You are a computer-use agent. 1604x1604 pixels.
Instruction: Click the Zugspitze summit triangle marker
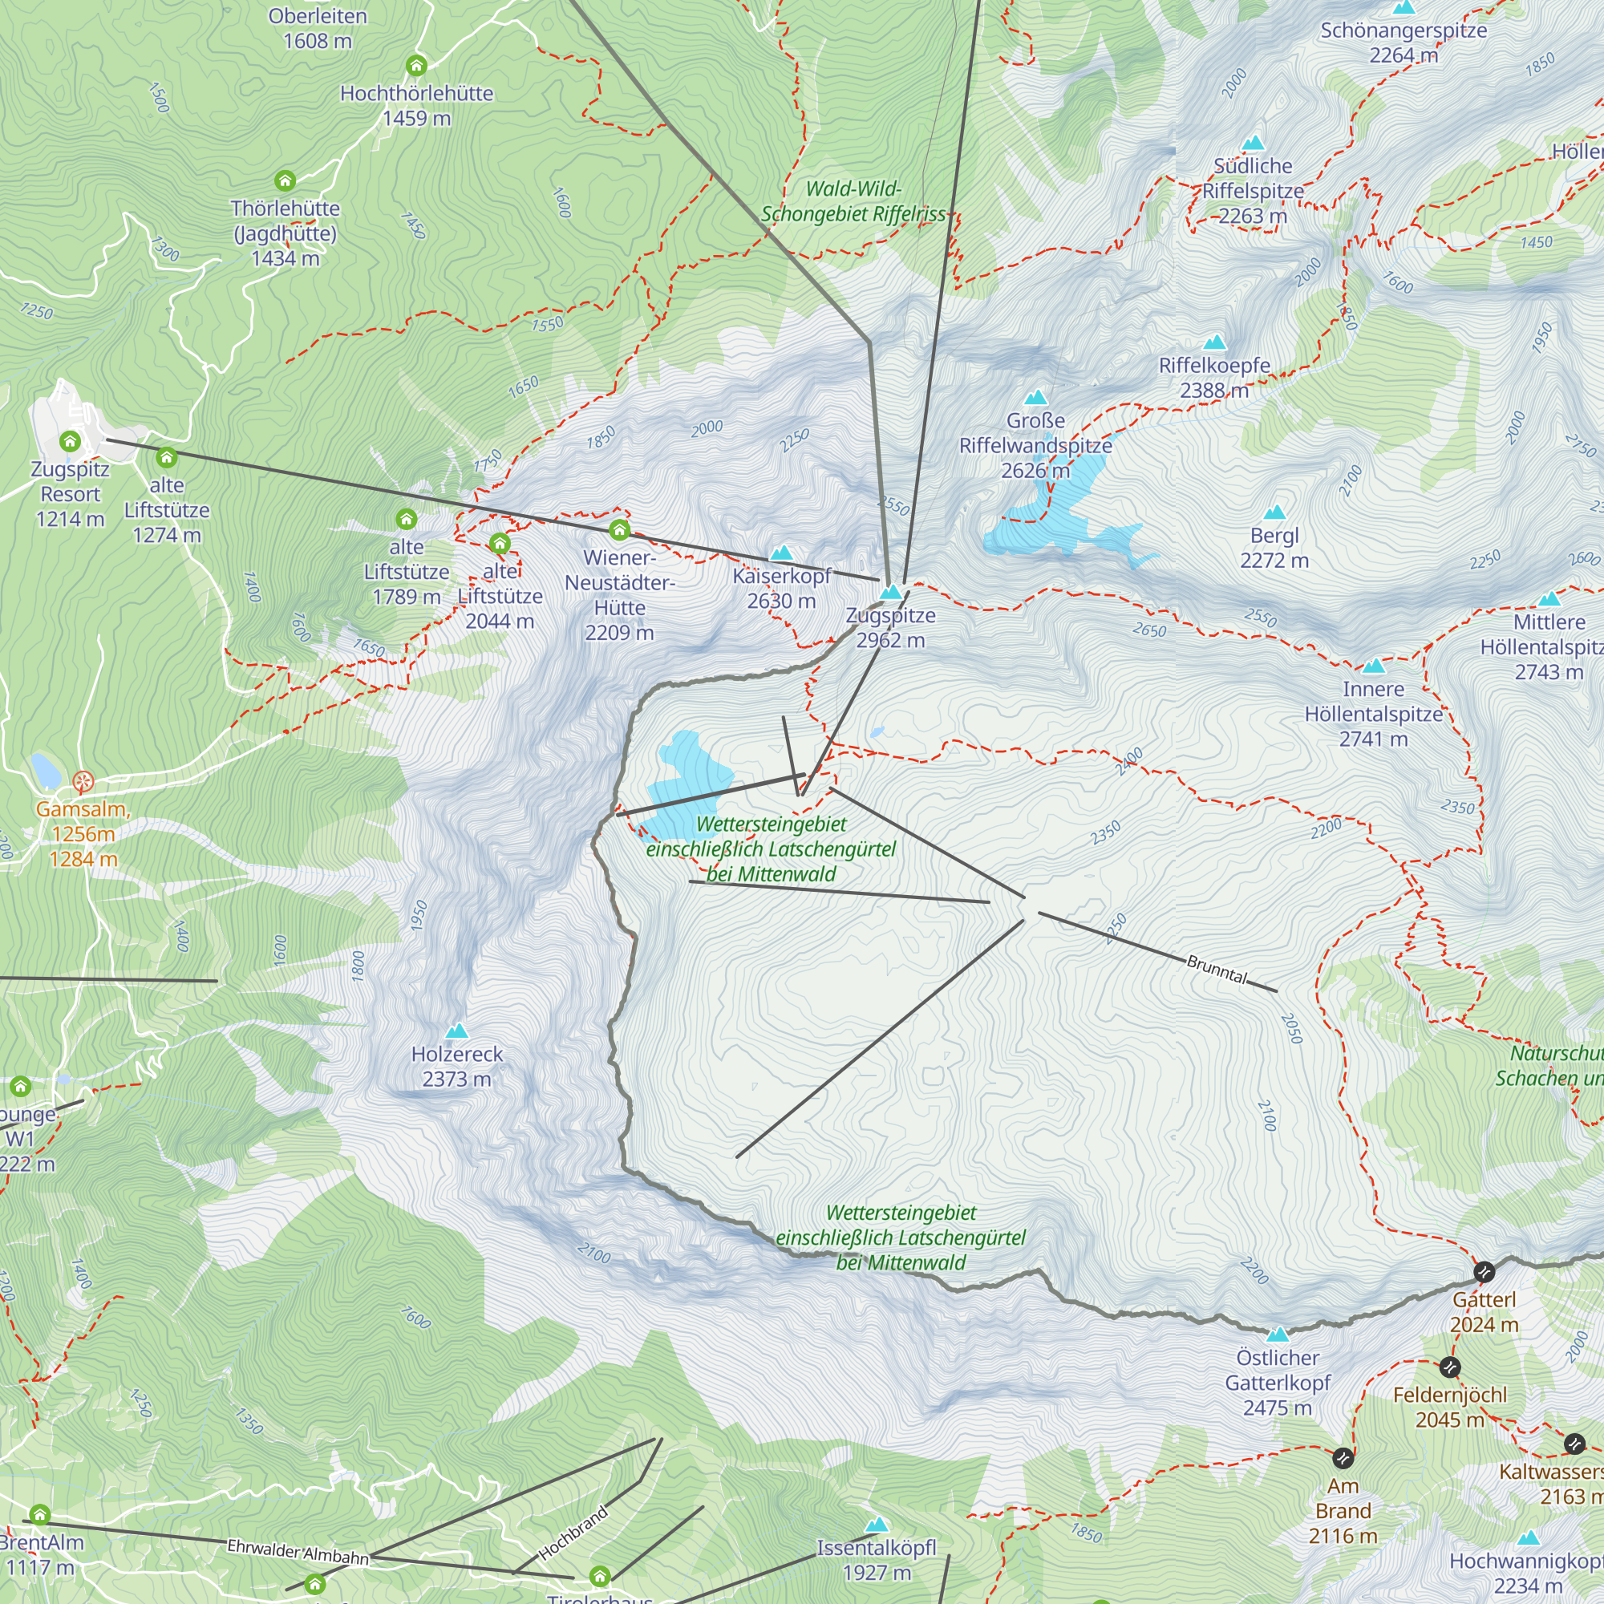(x=891, y=593)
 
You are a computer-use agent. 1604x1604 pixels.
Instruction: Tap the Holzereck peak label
(x=456, y=1066)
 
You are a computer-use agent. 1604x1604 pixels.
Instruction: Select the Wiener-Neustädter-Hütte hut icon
(x=619, y=529)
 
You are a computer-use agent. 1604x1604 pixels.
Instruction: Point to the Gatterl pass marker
(x=1484, y=1272)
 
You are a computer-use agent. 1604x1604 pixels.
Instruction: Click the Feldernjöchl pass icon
(x=1449, y=1367)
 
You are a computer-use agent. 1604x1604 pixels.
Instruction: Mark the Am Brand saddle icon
(x=1343, y=1458)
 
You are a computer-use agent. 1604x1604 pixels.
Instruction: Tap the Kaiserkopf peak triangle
(x=781, y=553)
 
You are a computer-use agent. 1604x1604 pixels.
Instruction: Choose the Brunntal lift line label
(x=1217, y=969)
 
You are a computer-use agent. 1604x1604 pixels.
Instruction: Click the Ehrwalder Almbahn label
(x=298, y=1552)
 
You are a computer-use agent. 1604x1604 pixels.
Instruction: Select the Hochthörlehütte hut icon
(x=417, y=66)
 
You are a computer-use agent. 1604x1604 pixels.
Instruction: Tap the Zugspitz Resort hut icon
(x=71, y=441)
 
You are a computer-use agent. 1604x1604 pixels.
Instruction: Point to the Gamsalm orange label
(x=82, y=833)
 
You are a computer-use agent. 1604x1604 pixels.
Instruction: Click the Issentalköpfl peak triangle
(x=877, y=1525)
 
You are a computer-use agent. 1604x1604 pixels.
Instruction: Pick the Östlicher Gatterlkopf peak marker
(x=1278, y=1335)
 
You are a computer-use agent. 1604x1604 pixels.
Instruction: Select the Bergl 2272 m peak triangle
(x=1274, y=512)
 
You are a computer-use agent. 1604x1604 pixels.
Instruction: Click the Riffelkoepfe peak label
(x=1213, y=377)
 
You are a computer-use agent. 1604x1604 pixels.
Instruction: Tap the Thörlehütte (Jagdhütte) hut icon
(x=285, y=180)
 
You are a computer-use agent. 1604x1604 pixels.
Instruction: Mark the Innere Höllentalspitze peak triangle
(x=1373, y=666)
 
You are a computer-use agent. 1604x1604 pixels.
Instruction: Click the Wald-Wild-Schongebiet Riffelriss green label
(x=853, y=201)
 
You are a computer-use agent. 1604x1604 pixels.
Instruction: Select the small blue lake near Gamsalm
(x=45, y=771)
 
